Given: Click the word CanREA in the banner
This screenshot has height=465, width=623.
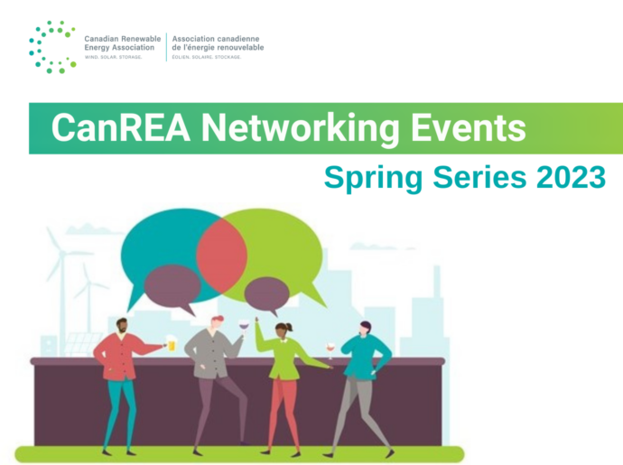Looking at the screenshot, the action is [x=121, y=127].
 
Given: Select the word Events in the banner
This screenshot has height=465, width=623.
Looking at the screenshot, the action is [x=469, y=127].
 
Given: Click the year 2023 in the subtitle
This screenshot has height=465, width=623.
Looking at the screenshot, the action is [x=571, y=177].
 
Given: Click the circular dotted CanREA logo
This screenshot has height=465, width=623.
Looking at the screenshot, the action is [x=52, y=47].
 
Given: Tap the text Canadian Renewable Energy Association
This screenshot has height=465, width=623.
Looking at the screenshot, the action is [x=123, y=43].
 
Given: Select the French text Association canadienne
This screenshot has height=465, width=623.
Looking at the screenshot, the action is [x=216, y=39].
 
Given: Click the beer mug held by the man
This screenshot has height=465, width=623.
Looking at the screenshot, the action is [x=171, y=343].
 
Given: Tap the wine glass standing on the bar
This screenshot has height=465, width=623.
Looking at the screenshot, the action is [x=330, y=350].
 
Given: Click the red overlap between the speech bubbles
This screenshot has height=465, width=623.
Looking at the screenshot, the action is [x=222, y=256].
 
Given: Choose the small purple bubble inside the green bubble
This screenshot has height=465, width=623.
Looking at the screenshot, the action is [x=266, y=295].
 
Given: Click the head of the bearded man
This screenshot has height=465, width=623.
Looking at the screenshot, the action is [x=123, y=327].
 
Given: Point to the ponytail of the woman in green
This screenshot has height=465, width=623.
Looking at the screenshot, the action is [x=291, y=327].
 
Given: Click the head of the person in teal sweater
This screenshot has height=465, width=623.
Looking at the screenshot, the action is [x=365, y=329].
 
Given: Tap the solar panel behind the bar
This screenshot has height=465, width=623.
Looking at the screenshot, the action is [x=80, y=344].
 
